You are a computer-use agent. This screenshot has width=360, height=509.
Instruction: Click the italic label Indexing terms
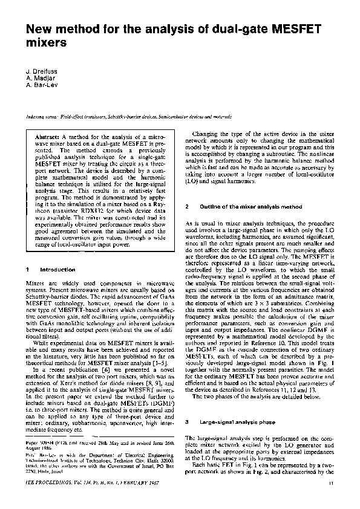pyautogui.click(x=41, y=114)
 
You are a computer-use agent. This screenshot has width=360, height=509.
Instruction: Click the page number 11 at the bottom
pyautogui.click(x=332, y=500)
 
